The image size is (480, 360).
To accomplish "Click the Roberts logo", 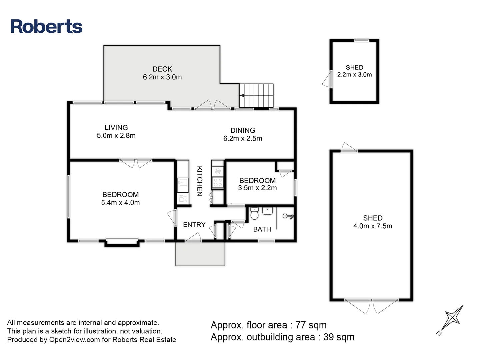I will pyautogui.click(x=46, y=26).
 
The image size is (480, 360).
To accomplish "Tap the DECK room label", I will pyautogui.click(x=162, y=69).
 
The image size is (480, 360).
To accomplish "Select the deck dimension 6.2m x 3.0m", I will pyautogui.click(x=162, y=77).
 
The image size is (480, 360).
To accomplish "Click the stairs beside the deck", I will pyautogui.click(x=256, y=96).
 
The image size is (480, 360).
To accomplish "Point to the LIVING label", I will pyautogui.click(x=116, y=127).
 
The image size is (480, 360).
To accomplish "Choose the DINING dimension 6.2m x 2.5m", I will pyautogui.click(x=243, y=138).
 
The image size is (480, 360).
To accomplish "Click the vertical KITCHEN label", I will pyautogui.click(x=199, y=181).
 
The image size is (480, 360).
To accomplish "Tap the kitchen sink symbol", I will pyautogui.click(x=183, y=182).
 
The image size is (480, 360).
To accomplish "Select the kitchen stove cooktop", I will pyautogui.click(x=218, y=182).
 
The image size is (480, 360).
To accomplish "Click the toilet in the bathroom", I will pyautogui.click(x=254, y=214).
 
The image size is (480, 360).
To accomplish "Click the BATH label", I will pyautogui.click(x=262, y=229).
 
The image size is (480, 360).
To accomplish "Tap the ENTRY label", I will pyautogui.click(x=194, y=225).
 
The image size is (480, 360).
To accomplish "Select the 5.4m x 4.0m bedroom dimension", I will pyautogui.click(x=120, y=203).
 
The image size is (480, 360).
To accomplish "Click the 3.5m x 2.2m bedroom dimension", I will pyautogui.click(x=257, y=188).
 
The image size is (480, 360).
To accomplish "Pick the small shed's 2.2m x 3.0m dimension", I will pyautogui.click(x=354, y=75).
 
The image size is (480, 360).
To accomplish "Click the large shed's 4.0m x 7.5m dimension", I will pyautogui.click(x=373, y=226).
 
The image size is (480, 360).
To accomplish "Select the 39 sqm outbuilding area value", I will pyautogui.click(x=339, y=337).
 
